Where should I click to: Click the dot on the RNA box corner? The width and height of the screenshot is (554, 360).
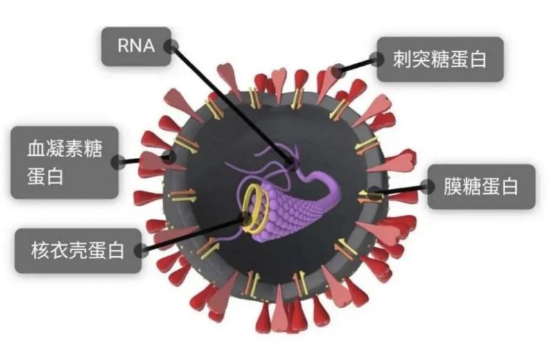(x=172, y=46)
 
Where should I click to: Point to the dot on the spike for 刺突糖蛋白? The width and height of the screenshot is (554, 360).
(x=338, y=71)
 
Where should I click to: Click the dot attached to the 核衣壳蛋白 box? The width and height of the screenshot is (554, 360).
(x=140, y=249)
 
